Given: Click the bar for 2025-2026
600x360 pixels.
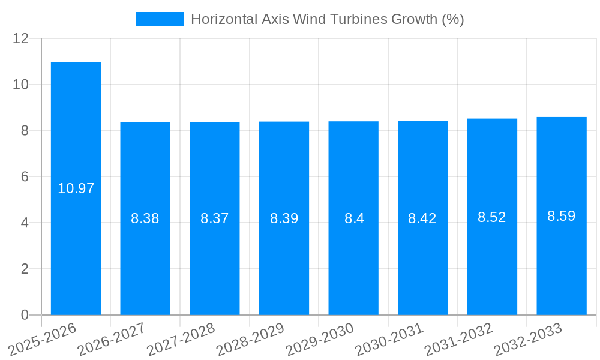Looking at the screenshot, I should click(76, 188).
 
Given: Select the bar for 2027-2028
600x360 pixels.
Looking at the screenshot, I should click(215, 218).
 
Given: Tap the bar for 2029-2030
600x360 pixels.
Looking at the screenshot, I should click(353, 218).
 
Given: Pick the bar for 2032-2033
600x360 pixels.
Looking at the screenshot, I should click(562, 216).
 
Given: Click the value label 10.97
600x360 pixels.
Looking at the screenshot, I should click(76, 188).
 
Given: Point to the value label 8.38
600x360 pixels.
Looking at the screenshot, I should click(145, 218).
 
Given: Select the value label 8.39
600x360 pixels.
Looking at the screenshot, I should click(284, 218).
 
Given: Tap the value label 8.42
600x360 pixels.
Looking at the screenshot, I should click(422, 218).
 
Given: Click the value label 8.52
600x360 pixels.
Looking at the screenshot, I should click(492, 217).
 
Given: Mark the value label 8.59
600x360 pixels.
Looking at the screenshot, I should click(562, 216).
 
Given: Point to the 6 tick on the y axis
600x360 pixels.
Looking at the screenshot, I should click(25, 177).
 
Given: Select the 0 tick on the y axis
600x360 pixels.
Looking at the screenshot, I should click(25, 315).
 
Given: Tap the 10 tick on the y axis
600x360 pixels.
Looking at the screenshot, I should click(21, 85).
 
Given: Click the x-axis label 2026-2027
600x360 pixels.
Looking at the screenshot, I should click(112, 339).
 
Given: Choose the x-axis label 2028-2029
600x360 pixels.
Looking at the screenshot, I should click(250, 339).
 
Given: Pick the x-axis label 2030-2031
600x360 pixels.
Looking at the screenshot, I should click(389, 339).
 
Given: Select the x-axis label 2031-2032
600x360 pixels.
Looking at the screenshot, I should click(458, 339).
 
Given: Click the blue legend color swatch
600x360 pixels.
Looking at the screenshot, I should click(160, 19).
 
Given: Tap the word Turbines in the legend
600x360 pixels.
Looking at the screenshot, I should click(360, 19).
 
